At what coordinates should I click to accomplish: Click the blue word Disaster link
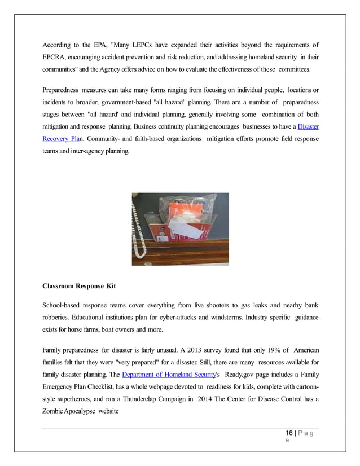coord(308,127)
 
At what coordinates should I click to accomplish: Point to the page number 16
coord(289,433)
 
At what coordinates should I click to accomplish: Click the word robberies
coord(60,317)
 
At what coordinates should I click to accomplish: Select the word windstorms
coord(225,317)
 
